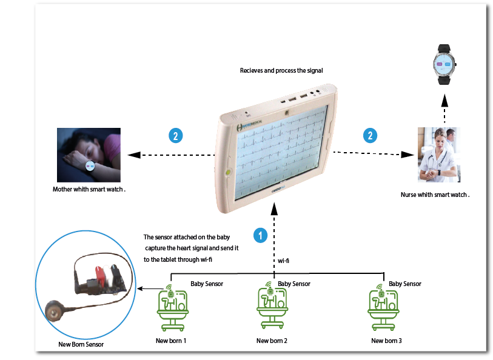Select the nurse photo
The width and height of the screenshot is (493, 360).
(438, 155)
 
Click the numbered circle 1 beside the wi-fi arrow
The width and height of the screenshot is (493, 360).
(260, 236)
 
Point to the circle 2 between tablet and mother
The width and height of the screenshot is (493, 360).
(175, 136)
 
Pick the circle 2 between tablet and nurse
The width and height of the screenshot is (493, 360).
(369, 136)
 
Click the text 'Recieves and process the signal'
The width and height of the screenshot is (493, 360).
(281, 71)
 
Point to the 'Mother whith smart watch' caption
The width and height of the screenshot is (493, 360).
(89, 189)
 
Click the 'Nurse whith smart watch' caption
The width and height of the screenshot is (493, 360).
(435, 195)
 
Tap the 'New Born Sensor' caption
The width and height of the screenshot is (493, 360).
(81, 344)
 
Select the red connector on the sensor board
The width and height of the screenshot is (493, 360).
(96, 275)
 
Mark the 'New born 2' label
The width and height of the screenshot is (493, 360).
(272, 341)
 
